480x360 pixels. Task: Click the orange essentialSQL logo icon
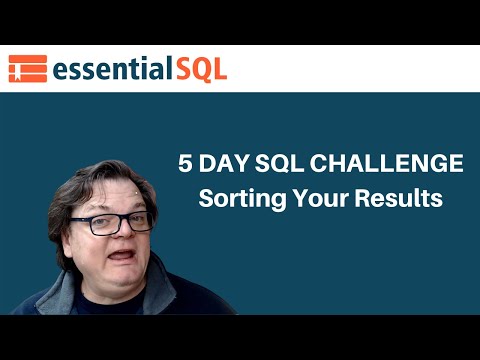[x=28, y=68]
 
